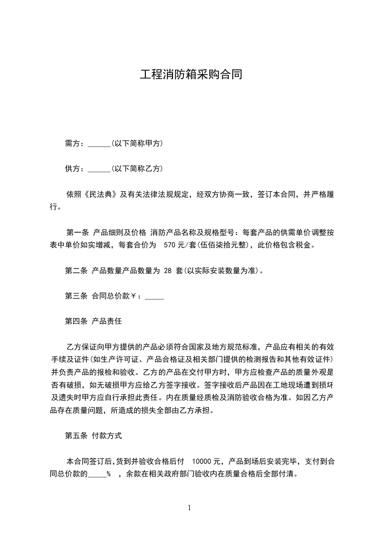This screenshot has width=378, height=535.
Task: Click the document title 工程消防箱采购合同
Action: pyautogui.click(x=191, y=75)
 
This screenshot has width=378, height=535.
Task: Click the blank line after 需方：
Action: pyautogui.click(x=99, y=143)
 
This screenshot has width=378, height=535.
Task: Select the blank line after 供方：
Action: pyautogui.click(x=99, y=169)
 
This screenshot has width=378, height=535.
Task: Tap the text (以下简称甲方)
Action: pyautogui.click(x=137, y=143)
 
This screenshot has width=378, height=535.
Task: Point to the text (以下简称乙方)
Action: pyautogui.click(x=137, y=169)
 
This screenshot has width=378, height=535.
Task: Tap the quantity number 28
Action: pyautogui.click(x=167, y=270)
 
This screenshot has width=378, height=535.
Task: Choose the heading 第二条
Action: pyautogui.click(x=76, y=270)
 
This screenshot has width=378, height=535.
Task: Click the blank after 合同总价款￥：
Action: pyautogui.click(x=154, y=296)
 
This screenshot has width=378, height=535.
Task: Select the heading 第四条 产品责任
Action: pyautogui.click(x=93, y=321)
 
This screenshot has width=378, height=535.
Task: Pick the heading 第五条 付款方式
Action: pyautogui.click(x=93, y=435)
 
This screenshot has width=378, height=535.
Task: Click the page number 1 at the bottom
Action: pyautogui.click(x=189, y=508)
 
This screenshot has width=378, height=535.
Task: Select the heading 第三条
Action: pyautogui.click(x=76, y=296)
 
